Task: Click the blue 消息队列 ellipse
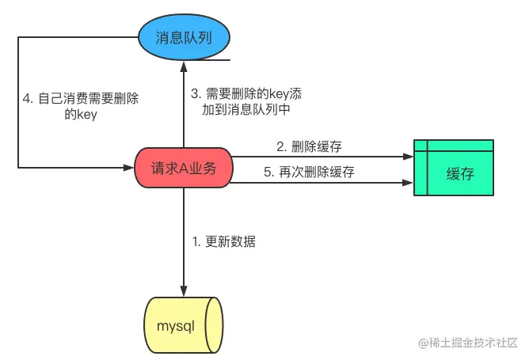[x=184, y=36]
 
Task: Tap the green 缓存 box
[x=453, y=168]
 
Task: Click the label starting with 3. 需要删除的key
[x=246, y=93]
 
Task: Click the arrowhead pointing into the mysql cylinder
[x=184, y=292]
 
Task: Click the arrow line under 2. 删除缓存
[x=317, y=156]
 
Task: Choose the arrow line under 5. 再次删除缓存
[x=317, y=182]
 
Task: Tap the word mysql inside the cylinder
[x=175, y=326]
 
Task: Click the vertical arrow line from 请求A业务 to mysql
[x=184, y=237]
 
